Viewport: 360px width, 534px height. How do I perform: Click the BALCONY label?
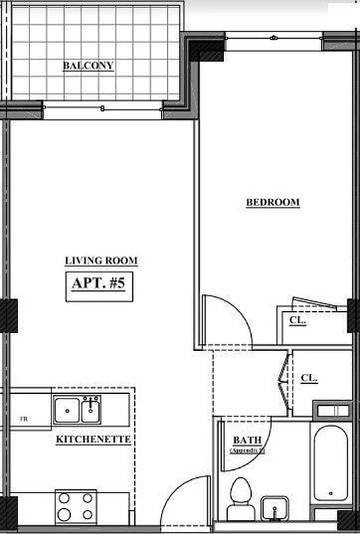tap(88, 65)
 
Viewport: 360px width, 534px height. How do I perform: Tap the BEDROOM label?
tap(273, 202)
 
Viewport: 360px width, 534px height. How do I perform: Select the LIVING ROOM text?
tap(102, 261)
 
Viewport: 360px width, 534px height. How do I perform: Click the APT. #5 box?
tap(99, 284)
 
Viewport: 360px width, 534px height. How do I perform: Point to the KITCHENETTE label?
tap(94, 439)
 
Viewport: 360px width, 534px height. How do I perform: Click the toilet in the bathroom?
tap(238, 499)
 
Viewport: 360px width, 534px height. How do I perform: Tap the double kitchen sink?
tap(77, 409)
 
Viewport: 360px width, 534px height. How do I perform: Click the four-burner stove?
tap(75, 506)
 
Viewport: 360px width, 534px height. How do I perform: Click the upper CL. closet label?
tap(298, 320)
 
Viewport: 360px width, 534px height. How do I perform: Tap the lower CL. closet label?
tap(309, 378)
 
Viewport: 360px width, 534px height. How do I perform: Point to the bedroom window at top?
tap(274, 38)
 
